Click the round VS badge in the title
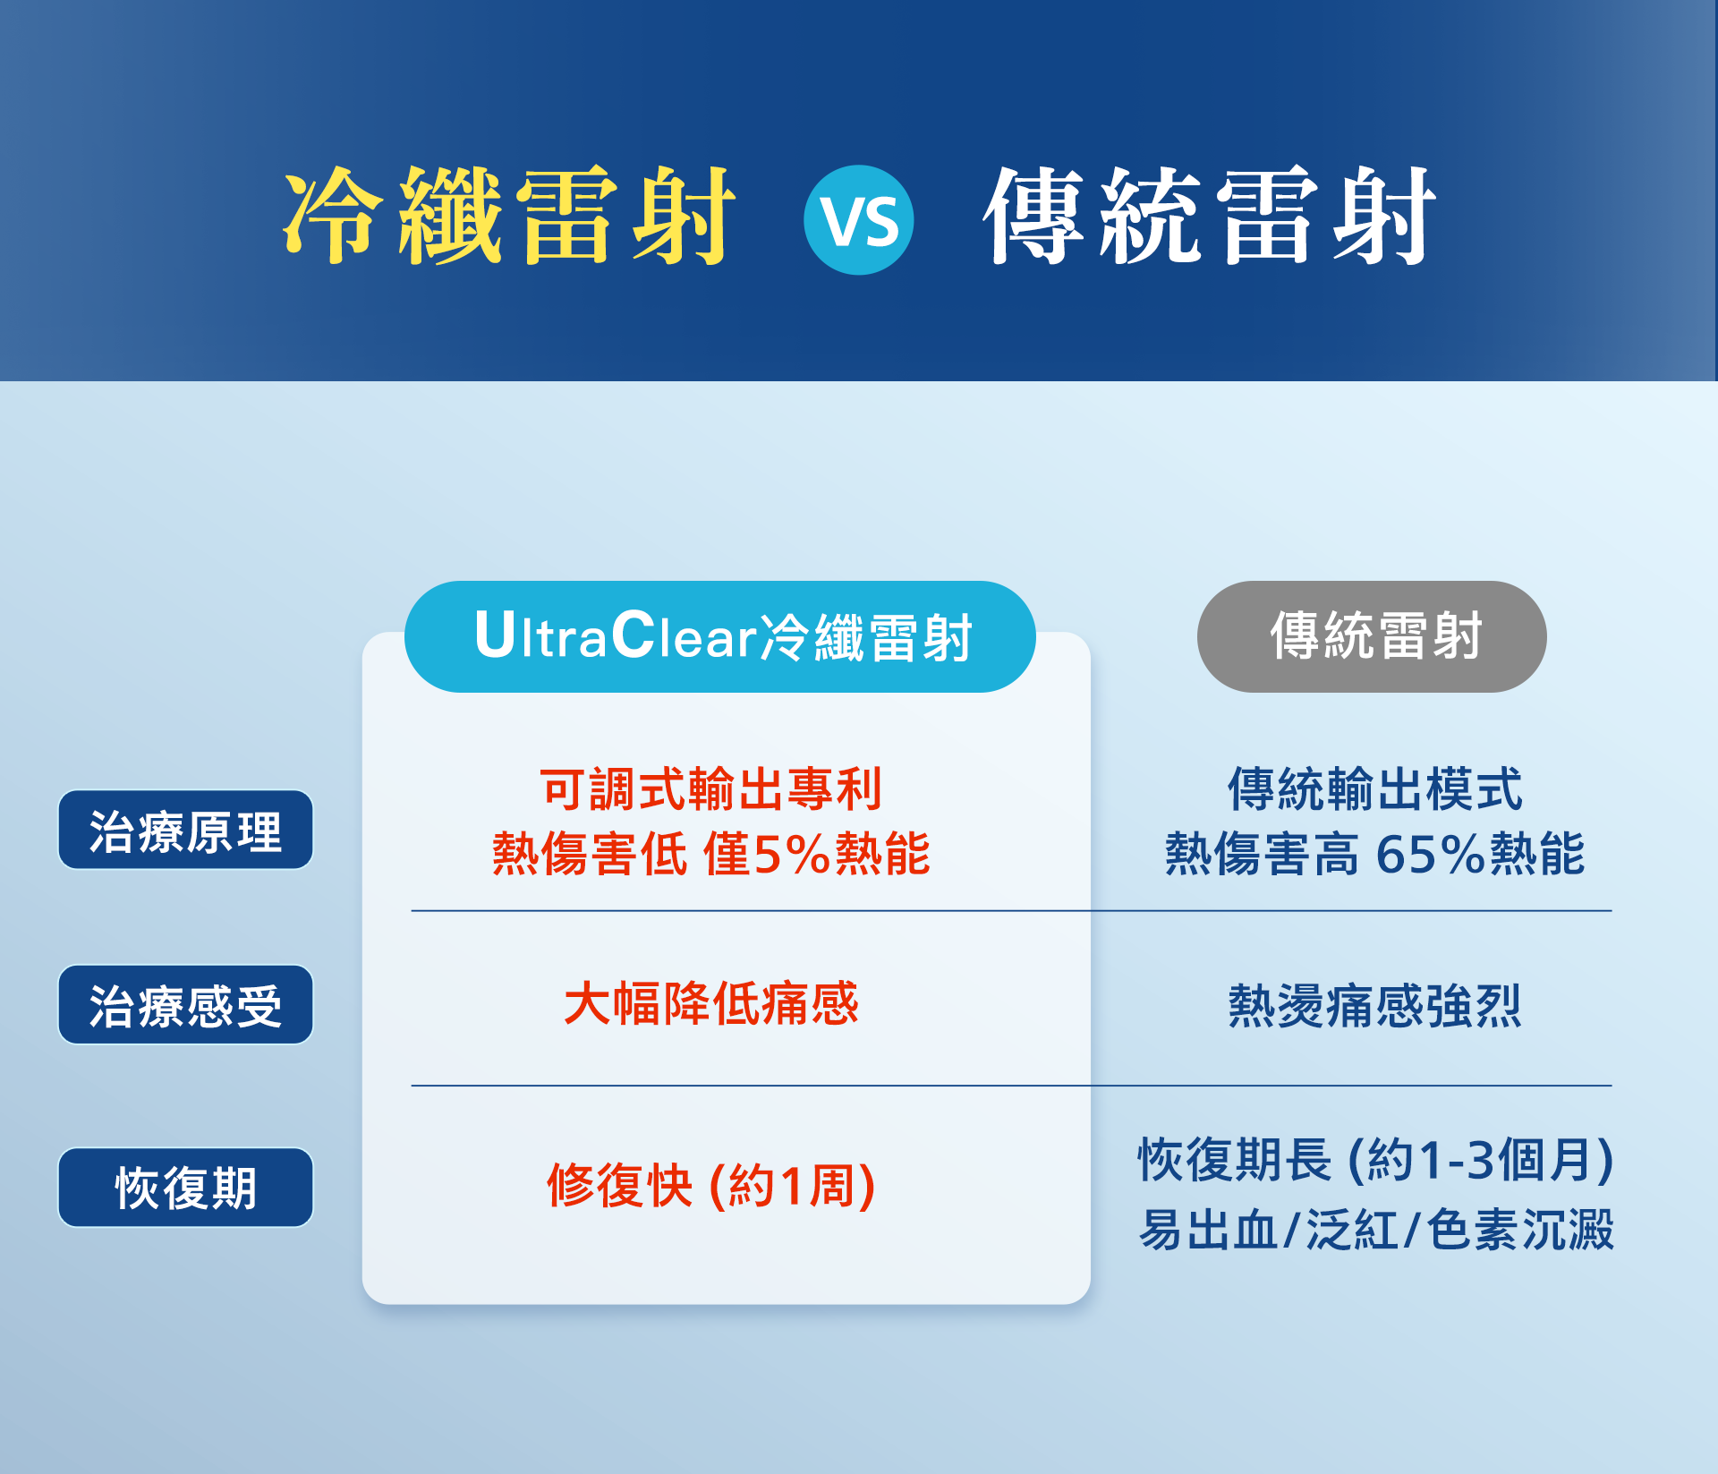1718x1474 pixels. click(x=858, y=220)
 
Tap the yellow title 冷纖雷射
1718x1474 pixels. click(x=509, y=216)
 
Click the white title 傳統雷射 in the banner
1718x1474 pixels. click(x=1209, y=216)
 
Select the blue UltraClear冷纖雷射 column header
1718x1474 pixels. click(x=720, y=636)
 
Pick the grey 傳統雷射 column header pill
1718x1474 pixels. click(x=1372, y=636)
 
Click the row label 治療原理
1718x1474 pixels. click(x=185, y=830)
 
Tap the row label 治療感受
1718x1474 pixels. click(x=185, y=1004)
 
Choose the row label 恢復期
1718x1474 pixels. click(x=185, y=1188)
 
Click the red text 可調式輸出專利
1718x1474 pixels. click(x=711, y=789)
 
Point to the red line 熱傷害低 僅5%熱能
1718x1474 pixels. click(x=711, y=853)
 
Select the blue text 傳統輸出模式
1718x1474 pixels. click(x=1375, y=789)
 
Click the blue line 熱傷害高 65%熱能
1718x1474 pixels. click(x=1375, y=853)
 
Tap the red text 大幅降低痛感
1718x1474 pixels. click(x=711, y=1003)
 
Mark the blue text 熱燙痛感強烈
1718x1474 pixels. click(x=1375, y=1005)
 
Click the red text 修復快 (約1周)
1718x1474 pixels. click(x=711, y=1186)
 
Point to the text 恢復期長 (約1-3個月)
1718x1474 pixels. click(x=1376, y=1160)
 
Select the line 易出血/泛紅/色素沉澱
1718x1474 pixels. click(x=1376, y=1229)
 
